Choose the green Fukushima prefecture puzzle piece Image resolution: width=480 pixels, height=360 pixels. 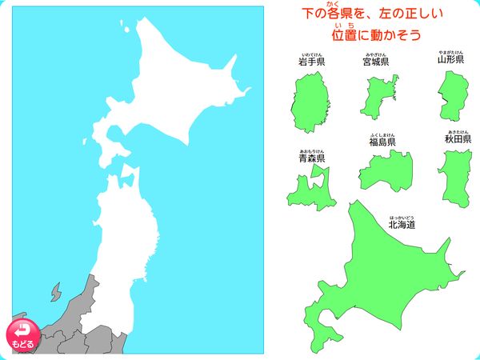click(382, 170)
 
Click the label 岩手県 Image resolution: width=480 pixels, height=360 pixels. click(311, 62)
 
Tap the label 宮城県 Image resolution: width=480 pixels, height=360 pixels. click(375, 62)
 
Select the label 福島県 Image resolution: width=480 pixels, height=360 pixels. click(382, 142)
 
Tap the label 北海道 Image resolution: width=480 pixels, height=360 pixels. click(402, 225)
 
